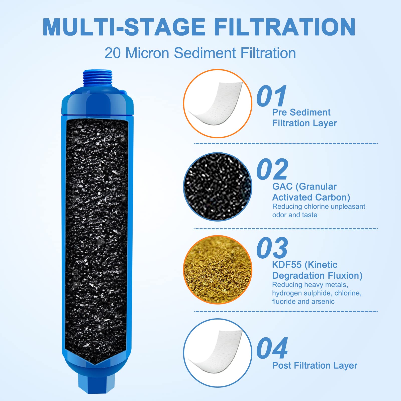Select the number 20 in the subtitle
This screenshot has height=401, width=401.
[x=113, y=53]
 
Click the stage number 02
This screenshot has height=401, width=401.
[x=272, y=169]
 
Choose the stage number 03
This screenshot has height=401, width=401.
[x=272, y=248]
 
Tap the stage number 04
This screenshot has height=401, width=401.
[x=272, y=348]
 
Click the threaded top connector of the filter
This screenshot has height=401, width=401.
[x=97, y=78]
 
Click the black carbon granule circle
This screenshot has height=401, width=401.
[x=218, y=187]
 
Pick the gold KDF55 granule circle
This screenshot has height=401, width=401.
[x=218, y=270]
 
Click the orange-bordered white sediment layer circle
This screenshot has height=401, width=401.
[x=218, y=104]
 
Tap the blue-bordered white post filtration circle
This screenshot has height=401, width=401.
[x=218, y=353]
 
